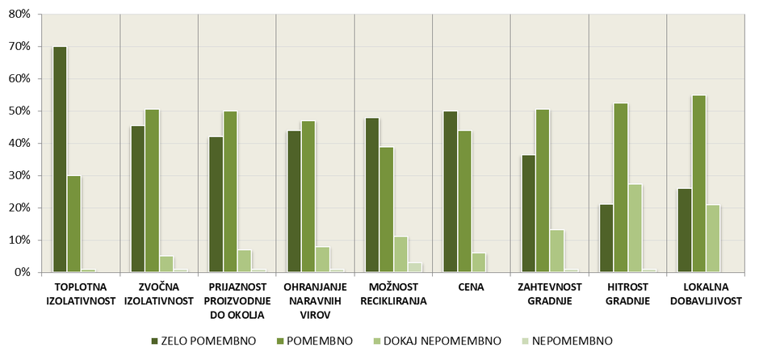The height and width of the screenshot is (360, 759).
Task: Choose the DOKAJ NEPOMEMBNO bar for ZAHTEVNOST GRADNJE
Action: coord(557,251)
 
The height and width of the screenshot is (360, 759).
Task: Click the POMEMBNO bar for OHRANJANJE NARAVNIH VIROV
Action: coord(308,197)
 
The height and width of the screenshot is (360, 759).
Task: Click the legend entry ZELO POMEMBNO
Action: coord(203,341)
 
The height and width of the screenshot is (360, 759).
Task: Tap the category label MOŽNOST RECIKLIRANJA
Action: coord(393,295)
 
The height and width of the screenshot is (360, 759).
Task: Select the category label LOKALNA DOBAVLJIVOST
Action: coord(706,295)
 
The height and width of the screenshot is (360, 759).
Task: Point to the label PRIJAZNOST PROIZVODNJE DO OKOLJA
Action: coord(236,301)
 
